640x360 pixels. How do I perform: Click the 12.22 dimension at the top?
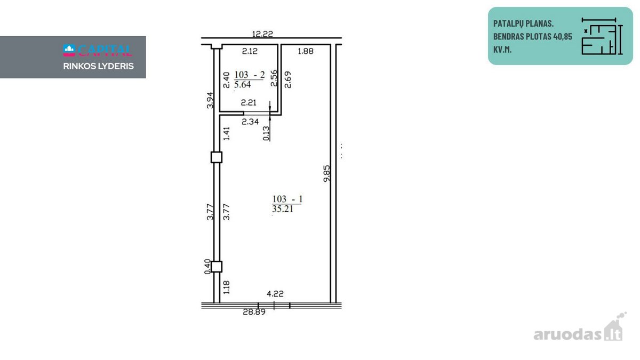(x=262, y=34)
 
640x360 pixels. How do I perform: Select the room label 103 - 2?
(x=250, y=75)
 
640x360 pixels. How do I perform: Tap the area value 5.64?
(x=242, y=85)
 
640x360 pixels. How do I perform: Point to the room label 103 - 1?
(x=287, y=199)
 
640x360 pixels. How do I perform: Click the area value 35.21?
(x=283, y=209)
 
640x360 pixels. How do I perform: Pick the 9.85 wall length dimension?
(x=326, y=173)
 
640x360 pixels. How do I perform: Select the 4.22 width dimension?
(x=275, y=294)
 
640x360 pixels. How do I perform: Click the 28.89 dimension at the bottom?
(x=254, y=312)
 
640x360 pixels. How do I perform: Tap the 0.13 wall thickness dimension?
(x=266, y=133)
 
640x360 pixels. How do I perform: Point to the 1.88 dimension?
(x=306, y=51)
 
